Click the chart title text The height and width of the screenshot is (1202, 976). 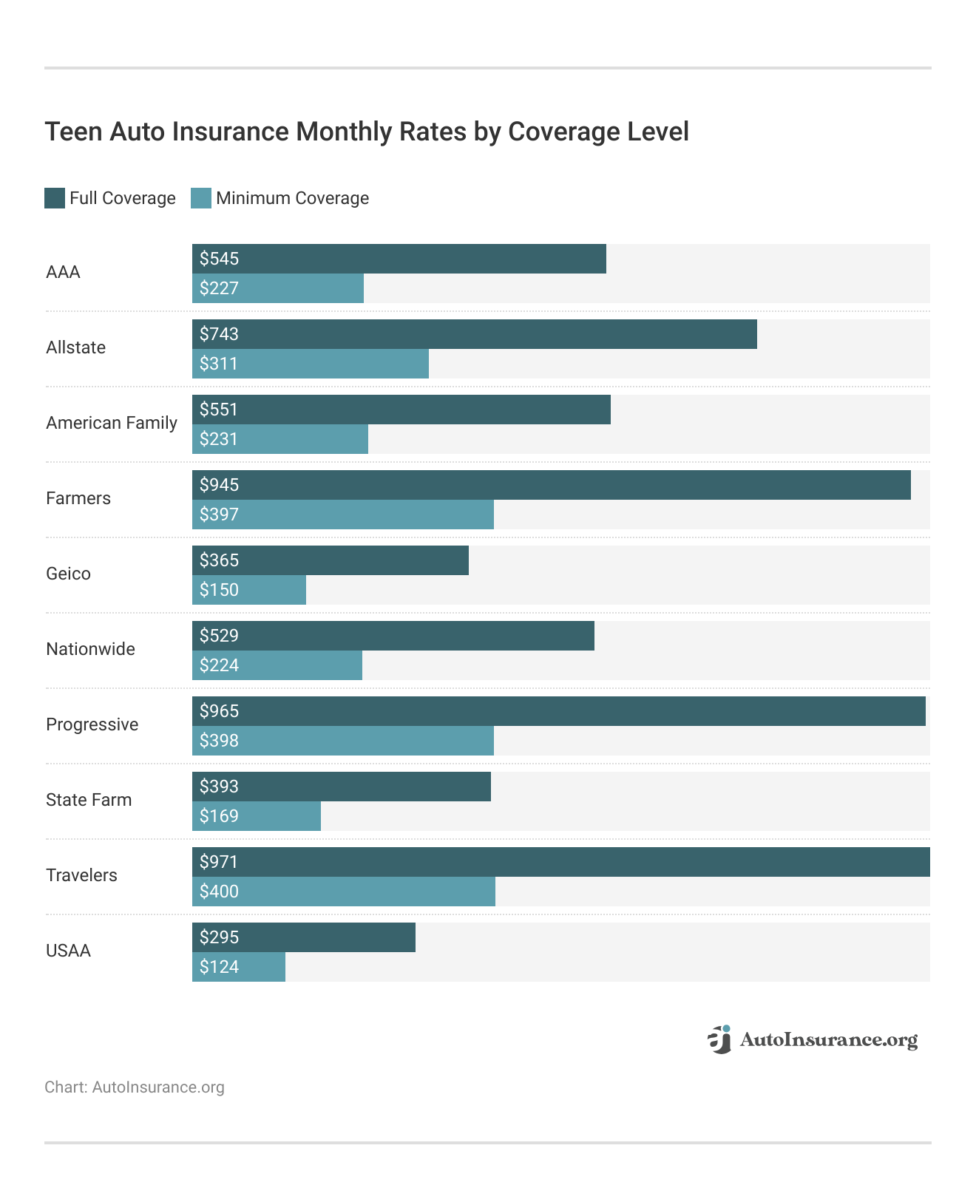click(367, 132)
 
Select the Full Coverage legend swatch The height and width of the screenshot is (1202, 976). click(55, 198)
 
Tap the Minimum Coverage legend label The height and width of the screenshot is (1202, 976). click(292, 198)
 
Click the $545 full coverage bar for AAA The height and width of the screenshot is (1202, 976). click(399, 259)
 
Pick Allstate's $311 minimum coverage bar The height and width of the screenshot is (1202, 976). click(311, 364)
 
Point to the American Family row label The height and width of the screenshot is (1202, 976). click(112, 423)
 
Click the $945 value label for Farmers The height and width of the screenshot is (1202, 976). click(219, 485)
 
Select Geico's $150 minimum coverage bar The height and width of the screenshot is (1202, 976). click(249, 590)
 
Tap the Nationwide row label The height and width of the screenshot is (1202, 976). click(90, 649)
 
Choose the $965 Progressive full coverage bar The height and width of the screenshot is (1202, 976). click(558, 711)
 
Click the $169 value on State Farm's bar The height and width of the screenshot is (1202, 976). click(219, 816)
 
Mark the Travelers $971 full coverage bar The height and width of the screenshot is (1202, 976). click(560, 862)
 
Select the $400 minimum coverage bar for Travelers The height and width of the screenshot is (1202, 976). click(344, 892)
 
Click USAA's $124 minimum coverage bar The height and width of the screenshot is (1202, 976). click(239, 967)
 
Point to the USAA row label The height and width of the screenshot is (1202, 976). click(68, 951)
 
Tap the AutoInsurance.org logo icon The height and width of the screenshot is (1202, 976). click(719, 1039)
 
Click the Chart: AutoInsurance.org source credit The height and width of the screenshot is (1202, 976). click(135, 1087)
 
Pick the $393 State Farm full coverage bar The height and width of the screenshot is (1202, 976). click(342, 787)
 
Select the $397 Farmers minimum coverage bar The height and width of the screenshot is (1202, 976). click(343, 515)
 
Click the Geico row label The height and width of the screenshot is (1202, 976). click(68, 574)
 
